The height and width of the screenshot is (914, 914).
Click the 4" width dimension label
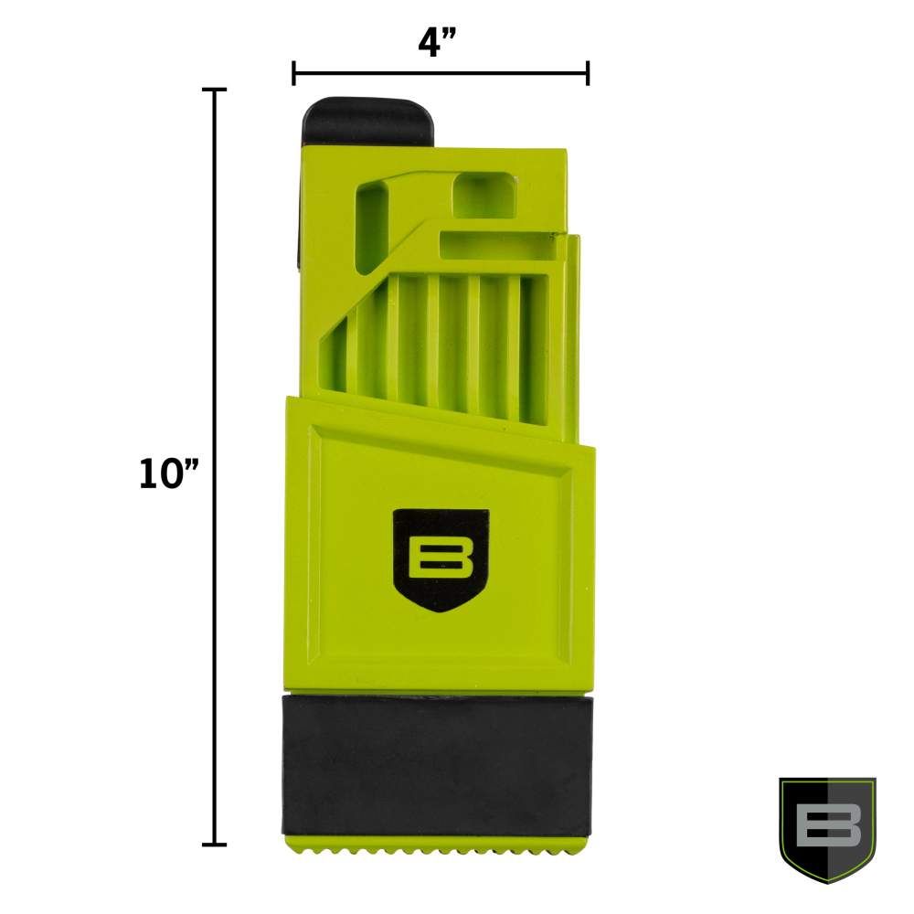click(440, 41)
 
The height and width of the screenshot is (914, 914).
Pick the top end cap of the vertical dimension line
click(215, 90)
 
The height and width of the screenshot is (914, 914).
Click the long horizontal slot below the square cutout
click(498, 246)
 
